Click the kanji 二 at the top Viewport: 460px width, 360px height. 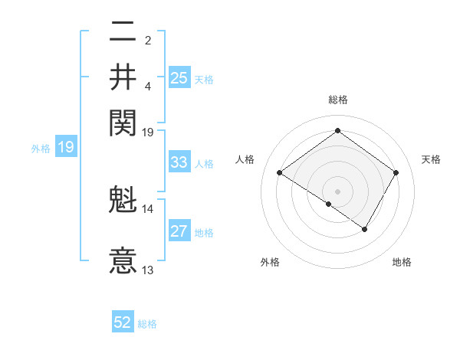pyautogui.click(x=123, y=33)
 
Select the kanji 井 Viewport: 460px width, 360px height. pyautogui.click(x=123, y=77)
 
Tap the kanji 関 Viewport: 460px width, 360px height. pyautogui.click(x=123, y=120)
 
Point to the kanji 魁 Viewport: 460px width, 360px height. pyautogui.click(x=123, y=200)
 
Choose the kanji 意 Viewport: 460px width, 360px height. pyautogui.click(x=123, y=260)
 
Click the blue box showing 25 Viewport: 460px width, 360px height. pyautogui.click(x=179, y=77)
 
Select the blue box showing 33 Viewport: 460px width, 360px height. pyautogui.click(x=179, y=162)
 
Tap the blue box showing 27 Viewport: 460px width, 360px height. pyautogui.click(x=179, y=231)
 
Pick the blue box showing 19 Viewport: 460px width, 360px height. pyautogui.click(x=66, y=147)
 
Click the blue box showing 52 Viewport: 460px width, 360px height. pyautogui.click(x=123, y=322)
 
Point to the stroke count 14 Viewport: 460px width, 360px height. pyautogui.click(x=148, y=208)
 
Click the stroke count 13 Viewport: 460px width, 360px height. pyautogui.click(x=148, y=270)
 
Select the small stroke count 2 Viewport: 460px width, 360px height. pyautogui.click(x=147, y=40)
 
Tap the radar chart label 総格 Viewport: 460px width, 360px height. pyautogui.click(x=338, y=100)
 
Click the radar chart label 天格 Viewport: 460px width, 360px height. pyautogui.click(x=432, y=159)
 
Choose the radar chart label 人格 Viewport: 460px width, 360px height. pyautogui.click(x=245, y=159)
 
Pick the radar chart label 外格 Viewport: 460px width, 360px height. pyautogui.click(x=270, y=262)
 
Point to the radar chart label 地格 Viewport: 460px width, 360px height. pyautogui.click(x=402, y=262)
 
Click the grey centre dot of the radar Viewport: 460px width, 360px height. pyautogui.click(x=338, y=190)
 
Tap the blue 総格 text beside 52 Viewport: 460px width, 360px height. pyautogui.click(x=147, y=324)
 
